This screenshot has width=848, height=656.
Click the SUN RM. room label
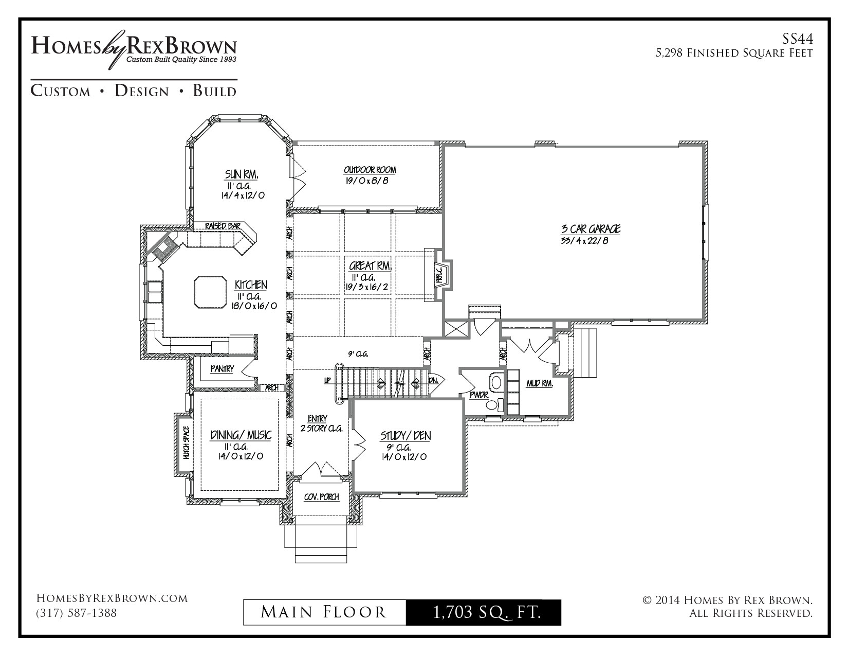pos(242,174)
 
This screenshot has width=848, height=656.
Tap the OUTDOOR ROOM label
pos(370,170)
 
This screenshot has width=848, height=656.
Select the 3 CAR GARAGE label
pos(591,228)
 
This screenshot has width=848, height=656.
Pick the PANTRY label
pos(222,369)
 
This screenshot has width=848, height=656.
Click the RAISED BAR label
pos(223,226)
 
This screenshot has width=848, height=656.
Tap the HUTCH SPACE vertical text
pos(186,442)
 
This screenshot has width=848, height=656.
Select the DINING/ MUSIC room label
pos(241,435)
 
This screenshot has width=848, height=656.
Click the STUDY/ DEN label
pos(406,436)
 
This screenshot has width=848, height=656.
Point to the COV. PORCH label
pos(322,497)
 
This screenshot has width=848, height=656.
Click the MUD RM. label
pos(540,384)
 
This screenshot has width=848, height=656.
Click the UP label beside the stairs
pos(327,380)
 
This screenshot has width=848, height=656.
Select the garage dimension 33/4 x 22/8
pos(584,241)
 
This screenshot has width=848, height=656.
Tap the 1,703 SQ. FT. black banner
pos(484,612)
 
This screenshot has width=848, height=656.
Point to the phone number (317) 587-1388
pos(76,613)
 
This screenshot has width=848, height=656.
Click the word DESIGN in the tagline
pos(142,91)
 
